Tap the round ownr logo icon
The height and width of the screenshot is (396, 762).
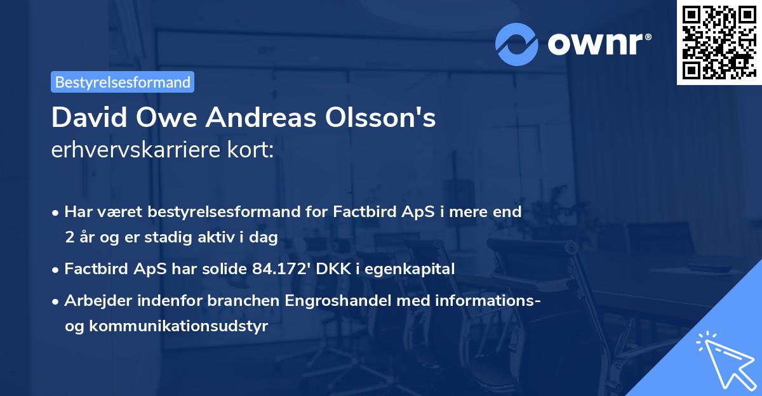[x=517, y=43]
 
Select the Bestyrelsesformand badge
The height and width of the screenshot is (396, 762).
[x=123, y=82]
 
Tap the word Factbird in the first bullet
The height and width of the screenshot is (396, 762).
[x=360, y=212]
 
